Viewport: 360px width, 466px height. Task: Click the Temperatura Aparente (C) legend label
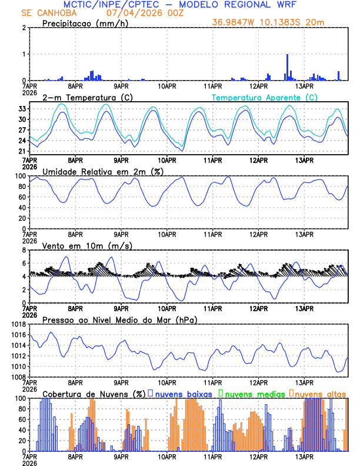coord(265,97)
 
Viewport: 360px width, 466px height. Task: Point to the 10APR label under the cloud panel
coord(167,456)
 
